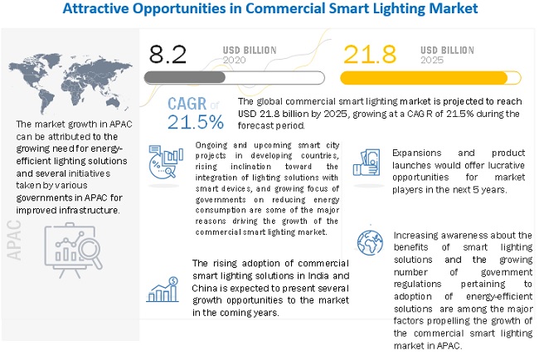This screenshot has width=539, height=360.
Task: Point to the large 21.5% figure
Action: [196, 121]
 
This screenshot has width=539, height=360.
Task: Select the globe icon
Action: [368, 242]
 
